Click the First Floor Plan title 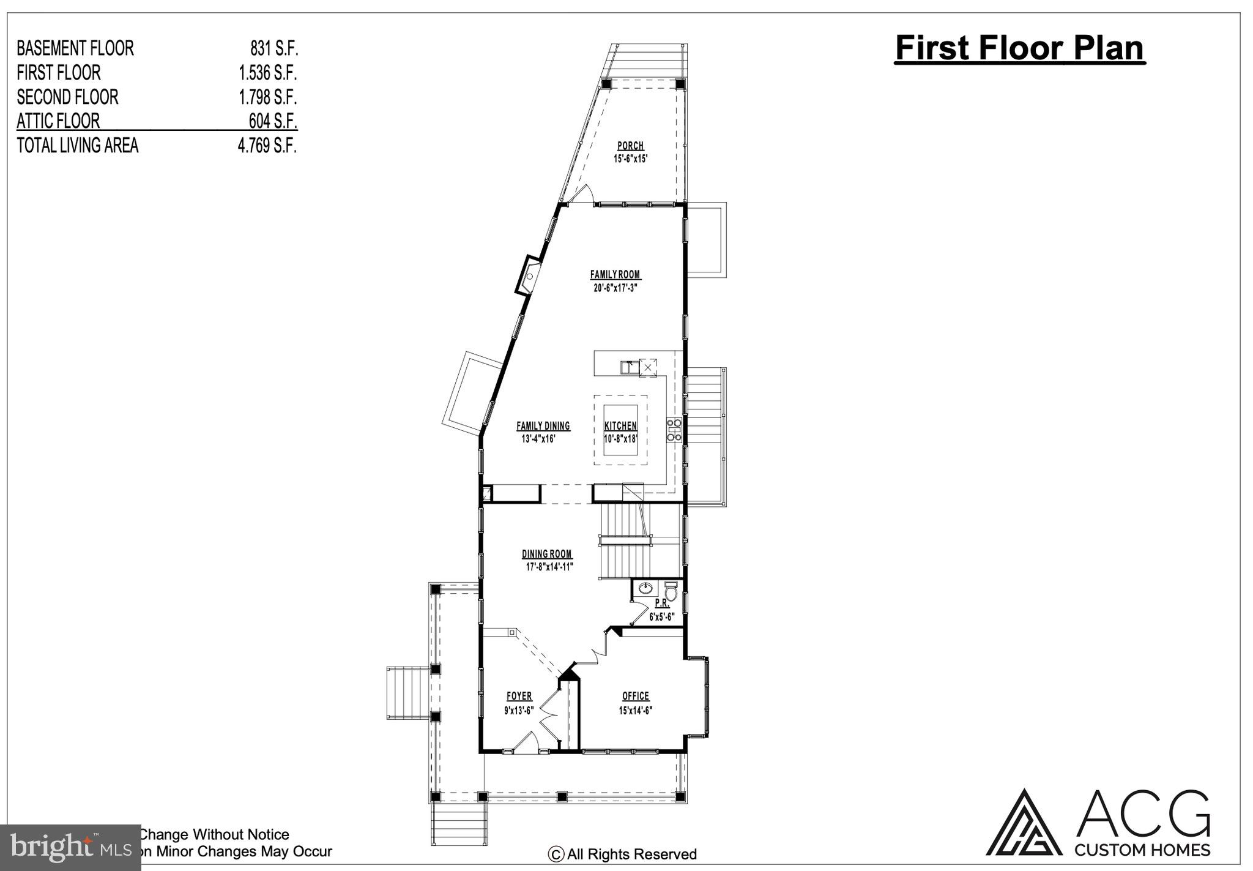(x=1019, y=48)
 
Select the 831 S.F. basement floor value (x=273, y=48)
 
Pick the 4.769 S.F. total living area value (x=267, y=146)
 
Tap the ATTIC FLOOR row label (x=58, y=121)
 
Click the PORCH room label (x=630, y=146)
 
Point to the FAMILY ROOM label (x=615, y=275)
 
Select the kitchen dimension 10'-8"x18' (x=621, y=439)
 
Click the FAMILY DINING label (x=543, y=426)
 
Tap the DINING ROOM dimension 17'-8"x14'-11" (x=549, y=567)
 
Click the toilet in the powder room (x=671, y=592)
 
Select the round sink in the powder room (x=645, y=589)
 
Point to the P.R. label (x=662, y=603)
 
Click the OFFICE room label (x=636, y=696)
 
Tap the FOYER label (x=519, y=696)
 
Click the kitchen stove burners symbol (x=673, y=430)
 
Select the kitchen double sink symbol (x=630, y=368)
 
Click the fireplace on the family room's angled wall (x=529, y=277)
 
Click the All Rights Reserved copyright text (x=622, y=854)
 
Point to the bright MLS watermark (x=70, y=848)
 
